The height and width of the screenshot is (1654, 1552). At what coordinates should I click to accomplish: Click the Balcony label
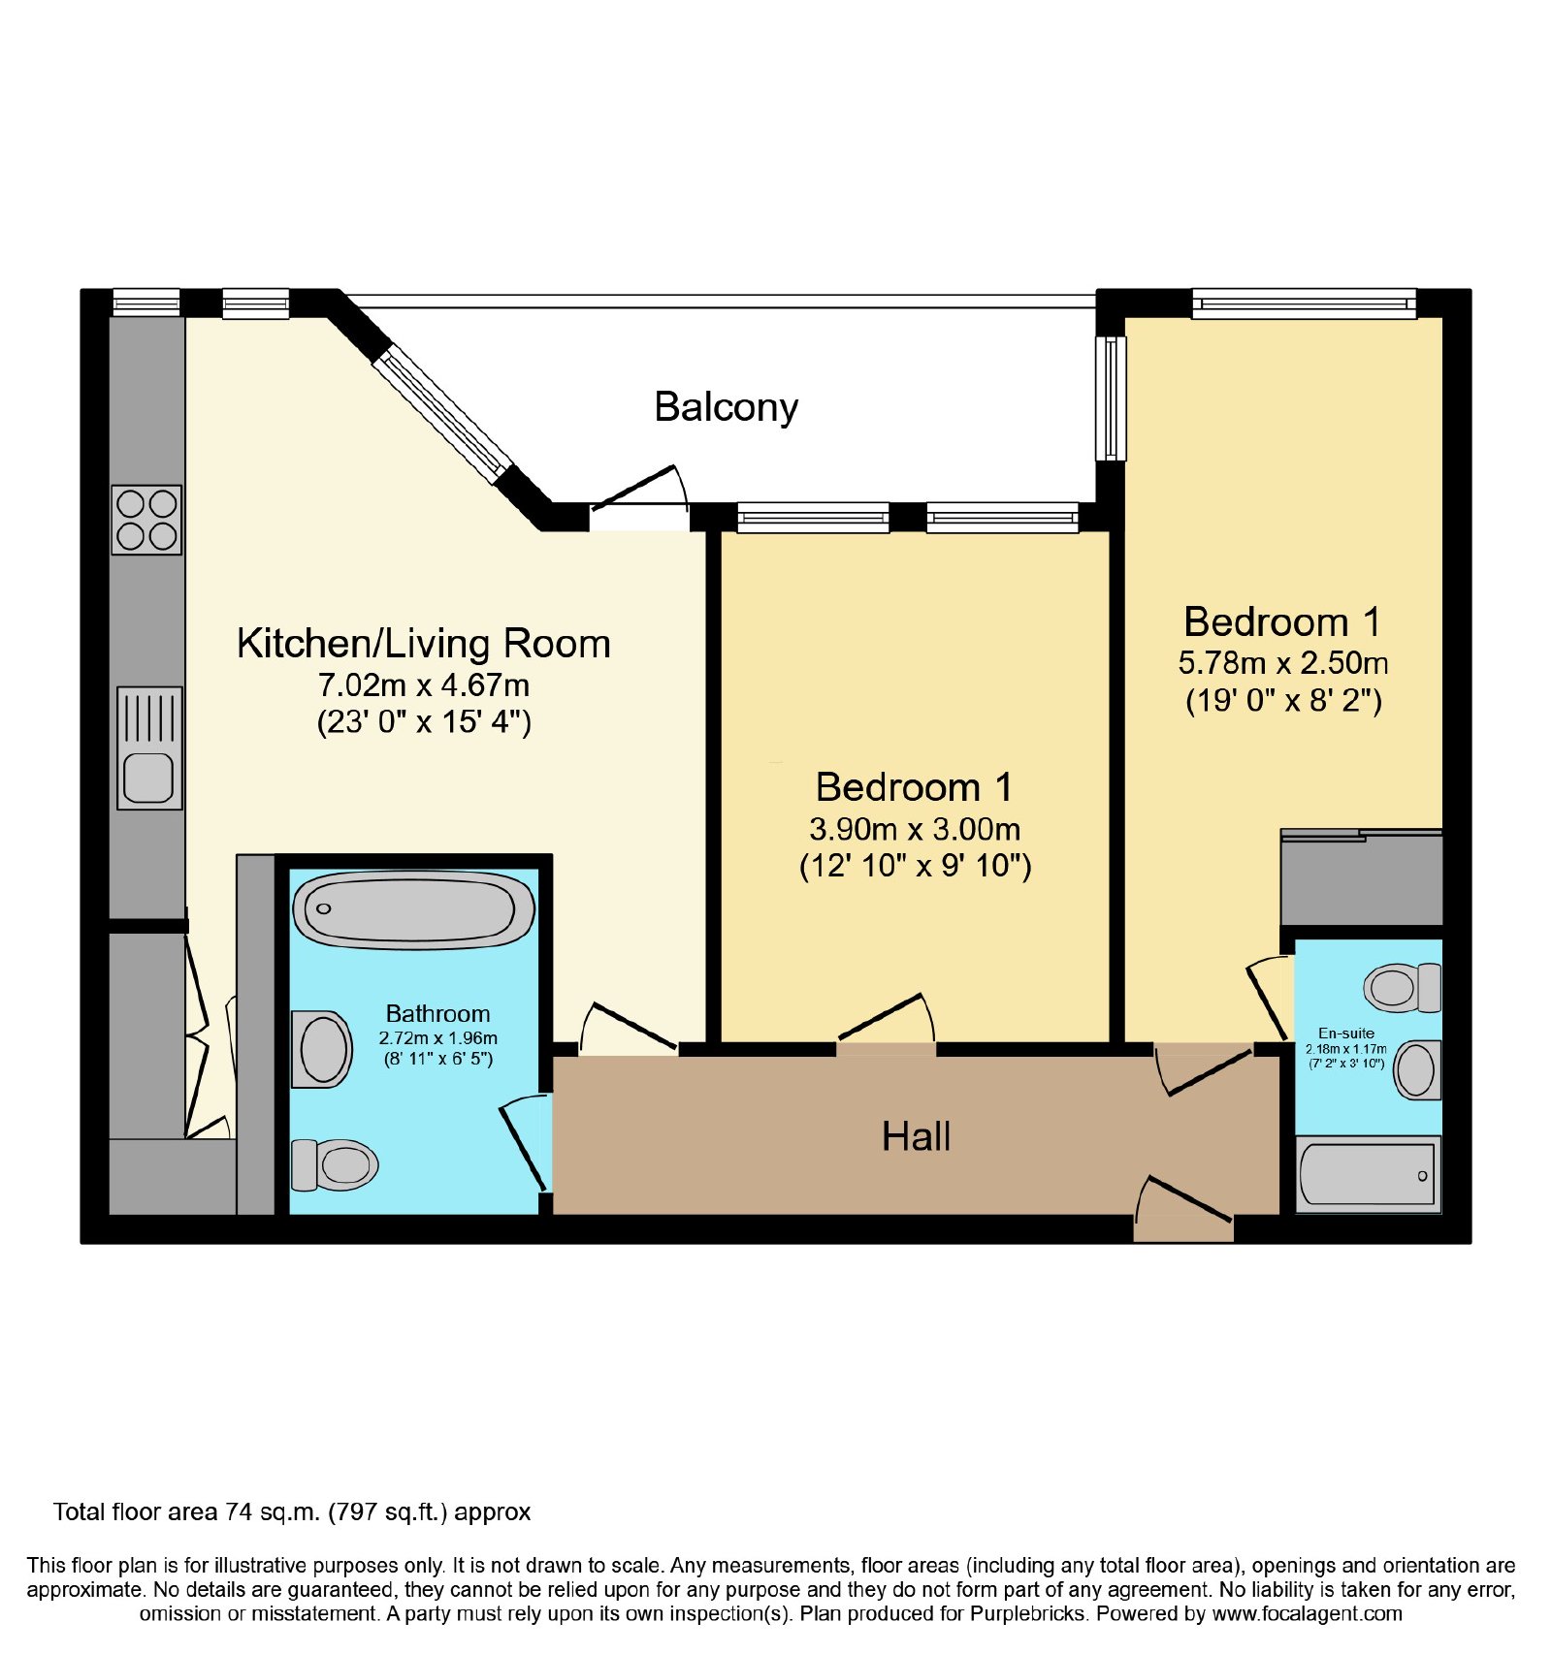click(x=726, y=407)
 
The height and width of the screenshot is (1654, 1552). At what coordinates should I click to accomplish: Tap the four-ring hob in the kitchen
click(x=146, y=520)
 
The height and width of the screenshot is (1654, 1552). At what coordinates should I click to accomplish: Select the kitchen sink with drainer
click(x=149, y=747)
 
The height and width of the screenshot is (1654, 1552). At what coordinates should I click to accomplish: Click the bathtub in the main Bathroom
click(x=413, y=908)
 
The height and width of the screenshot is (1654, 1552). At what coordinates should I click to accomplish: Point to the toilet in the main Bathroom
click(x=335, y=1163)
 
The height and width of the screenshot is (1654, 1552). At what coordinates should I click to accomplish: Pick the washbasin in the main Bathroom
click(x=322, y=1049)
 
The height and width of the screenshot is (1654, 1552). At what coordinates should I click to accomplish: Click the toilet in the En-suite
click(x=1403, y=988)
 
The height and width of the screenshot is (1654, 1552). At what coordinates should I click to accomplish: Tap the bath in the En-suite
click(x=1368, y=1174)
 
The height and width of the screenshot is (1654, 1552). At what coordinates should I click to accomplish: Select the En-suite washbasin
click(x=1417, y=1069)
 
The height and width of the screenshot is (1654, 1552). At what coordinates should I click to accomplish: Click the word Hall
click(x=916, y=1136)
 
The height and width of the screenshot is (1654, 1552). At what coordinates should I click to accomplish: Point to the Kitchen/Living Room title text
click(x=424, y=644)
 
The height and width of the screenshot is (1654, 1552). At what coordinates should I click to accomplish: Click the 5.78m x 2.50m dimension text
click(x=1282, y=663)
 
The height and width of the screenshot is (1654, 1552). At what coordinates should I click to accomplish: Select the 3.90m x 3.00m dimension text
click(x=915, y=830)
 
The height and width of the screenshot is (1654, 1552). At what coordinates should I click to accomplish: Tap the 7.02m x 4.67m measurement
click(x=424, y=685)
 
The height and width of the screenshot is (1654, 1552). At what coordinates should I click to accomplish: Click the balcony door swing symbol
click(x=639, y=488)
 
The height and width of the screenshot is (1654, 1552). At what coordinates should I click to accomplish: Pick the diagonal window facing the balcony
click(x=442, y=415)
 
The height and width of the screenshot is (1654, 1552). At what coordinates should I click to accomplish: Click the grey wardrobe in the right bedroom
click(x=1362, y=877)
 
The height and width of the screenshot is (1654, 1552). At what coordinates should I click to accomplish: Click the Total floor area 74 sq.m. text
click(x=292, y=1511)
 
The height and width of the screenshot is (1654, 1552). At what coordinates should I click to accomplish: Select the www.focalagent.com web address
click(x=1307, y=1613)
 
